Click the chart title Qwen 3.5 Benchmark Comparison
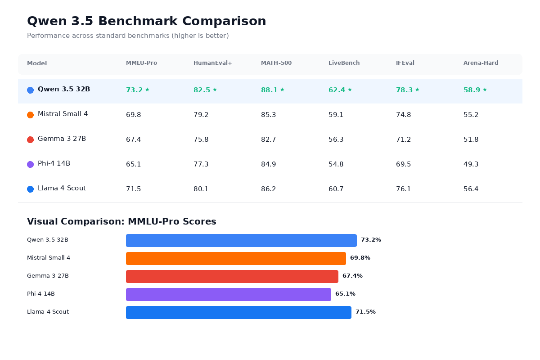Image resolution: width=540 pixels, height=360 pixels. pyautogui.click(x=146, y=21)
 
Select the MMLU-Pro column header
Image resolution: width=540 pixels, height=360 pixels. pyautogui.click(x=141, y=63)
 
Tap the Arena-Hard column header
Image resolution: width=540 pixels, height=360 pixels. pyautogui.click(x=481, y=63)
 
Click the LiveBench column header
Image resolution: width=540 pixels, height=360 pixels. pyautogui.click(x=344, y=63)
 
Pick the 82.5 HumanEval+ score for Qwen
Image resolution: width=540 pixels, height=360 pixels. pyautogui.click(x=202, y=90)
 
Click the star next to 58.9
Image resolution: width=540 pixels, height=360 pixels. pyautogui.click(x=485, y=90)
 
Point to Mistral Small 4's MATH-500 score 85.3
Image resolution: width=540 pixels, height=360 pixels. pyautogui.click(x=268, y=115)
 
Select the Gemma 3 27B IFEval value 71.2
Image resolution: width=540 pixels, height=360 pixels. pyautogui.click(x=403, y=139)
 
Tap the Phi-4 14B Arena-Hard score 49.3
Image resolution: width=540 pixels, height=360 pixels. pyautogui.click(x=471, y=164)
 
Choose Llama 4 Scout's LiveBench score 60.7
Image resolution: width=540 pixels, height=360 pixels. pyautogui.click(x=336, y=189)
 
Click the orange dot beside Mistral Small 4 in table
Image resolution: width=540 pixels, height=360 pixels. pyautogui.click(x=30, y=115)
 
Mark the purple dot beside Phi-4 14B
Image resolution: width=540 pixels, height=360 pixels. pyautogui.click(x=30, y=164)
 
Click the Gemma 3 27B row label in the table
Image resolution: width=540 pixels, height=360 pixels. pyautogui.click(x=62, y=139)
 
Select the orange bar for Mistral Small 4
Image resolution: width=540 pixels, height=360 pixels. pyautogui.click(x=236, y=258)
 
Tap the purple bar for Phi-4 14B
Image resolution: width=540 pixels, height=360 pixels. pyautogui.click(x=228, y=294)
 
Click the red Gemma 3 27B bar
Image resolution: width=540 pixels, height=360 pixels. pyautogui.click(x=232, y=276)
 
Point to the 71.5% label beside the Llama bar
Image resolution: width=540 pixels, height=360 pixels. pyautogui.click(x=365, y=312)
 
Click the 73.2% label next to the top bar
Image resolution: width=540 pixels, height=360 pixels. pyautogui.click(x=371, y=240)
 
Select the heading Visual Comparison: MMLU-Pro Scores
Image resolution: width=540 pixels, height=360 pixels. pyautogui.click(x=121, y=221)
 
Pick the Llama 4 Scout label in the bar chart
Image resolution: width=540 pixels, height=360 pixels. pyautogui.click(x=48, y=312)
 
